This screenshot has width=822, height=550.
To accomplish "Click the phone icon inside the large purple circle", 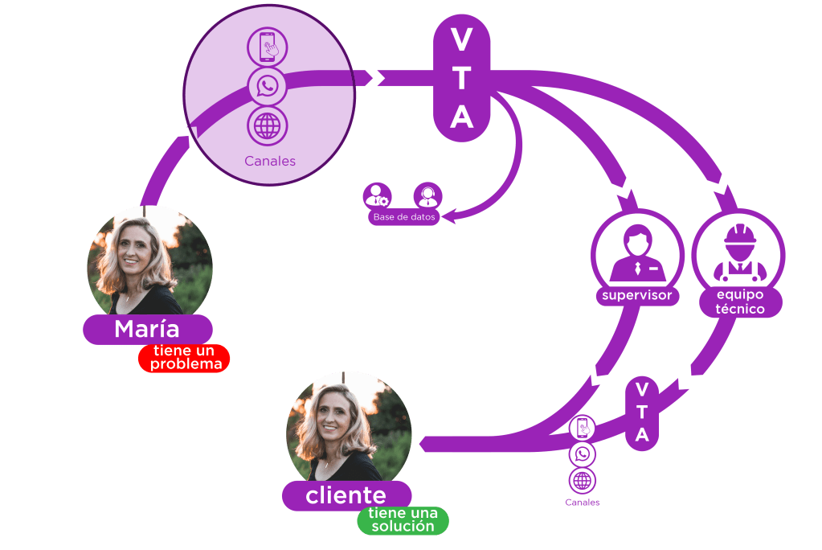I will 268,47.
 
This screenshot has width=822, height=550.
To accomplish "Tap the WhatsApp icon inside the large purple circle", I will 268,86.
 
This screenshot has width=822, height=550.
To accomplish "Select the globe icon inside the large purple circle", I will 268,125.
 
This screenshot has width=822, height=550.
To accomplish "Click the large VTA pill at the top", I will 461,79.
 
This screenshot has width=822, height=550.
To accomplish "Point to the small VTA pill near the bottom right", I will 642,412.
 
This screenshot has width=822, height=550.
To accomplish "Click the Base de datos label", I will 404,217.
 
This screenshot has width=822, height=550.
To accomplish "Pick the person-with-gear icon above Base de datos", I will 376,195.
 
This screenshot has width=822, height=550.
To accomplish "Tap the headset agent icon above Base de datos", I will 427,195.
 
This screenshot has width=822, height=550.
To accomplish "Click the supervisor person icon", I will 636,251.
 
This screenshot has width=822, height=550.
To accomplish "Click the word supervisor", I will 636,297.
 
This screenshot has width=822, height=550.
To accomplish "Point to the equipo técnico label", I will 739,302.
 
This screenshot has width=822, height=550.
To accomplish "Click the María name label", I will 147,329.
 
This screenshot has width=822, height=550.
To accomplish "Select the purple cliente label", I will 346,496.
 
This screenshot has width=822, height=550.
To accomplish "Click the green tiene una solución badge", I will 403,520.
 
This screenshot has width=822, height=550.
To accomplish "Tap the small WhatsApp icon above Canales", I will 583,454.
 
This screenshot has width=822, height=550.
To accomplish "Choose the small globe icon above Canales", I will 583,481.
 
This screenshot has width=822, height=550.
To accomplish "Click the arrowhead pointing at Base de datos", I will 451,215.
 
